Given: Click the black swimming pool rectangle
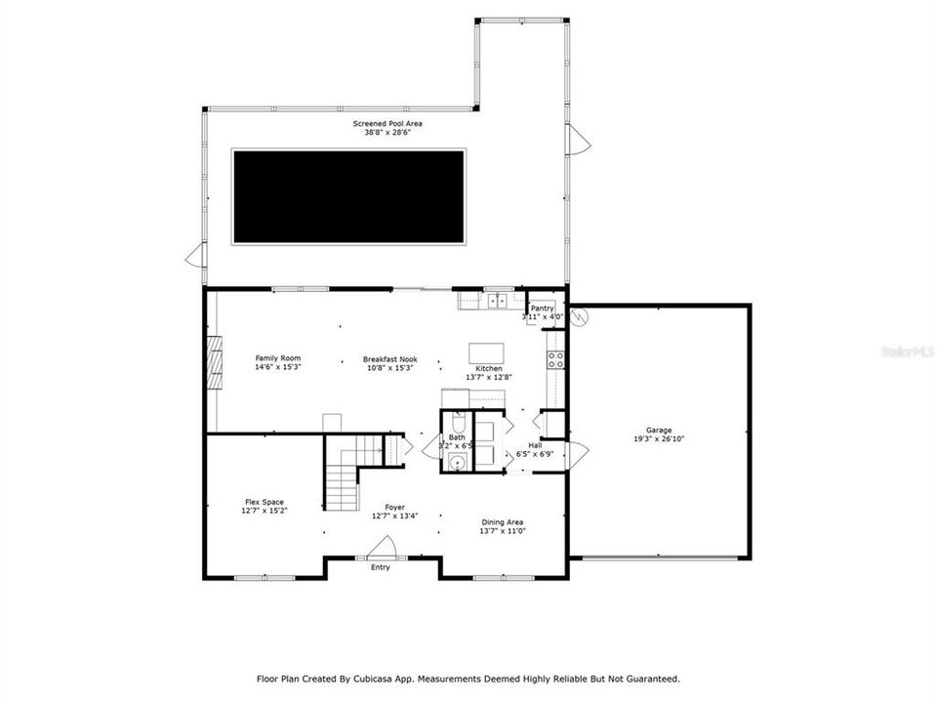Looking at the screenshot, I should click(348, 196).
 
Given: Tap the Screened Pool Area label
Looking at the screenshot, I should click(387, 128).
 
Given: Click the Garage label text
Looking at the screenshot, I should click(659, 434).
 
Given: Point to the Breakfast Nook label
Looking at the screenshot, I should click(389, 362).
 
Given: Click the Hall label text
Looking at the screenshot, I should click(535, 446).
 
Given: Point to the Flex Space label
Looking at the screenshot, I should click(265, 506).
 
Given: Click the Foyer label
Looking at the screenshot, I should click(394, 511).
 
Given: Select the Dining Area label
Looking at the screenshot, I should click(503, 525).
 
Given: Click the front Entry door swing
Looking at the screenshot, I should click(384, 548).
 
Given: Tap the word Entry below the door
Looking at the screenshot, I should click(380, 567).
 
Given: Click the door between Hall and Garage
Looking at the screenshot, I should click(577, 455).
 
